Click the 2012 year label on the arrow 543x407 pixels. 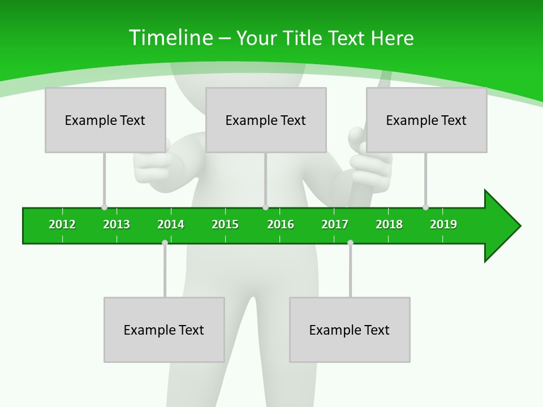(62, 224)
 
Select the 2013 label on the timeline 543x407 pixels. (117, 224)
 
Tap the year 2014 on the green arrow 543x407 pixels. (171, 224)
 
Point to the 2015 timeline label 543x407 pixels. (225, 224)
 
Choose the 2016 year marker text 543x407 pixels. (281, 224)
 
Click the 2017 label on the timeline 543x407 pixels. (335, 224)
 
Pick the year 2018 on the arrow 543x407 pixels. (389, 224)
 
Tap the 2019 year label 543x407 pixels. (443, 224)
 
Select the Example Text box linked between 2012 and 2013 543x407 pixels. (105, 120)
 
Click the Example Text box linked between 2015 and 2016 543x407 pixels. (266, 120)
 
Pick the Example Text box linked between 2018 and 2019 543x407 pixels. (426, 120)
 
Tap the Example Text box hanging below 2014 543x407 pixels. (164, 330)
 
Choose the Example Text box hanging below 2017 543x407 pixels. (350, 330)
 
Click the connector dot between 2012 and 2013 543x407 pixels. (104, 207)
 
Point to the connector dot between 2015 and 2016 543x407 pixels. (265, 207)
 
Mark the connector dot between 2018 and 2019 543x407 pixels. (425, 207)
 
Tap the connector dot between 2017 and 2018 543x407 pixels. (350, 243)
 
